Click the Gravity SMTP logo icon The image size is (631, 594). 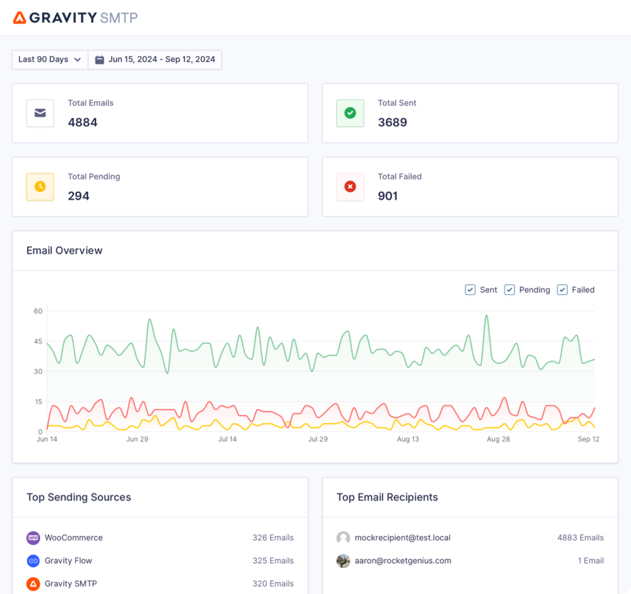[20, 17]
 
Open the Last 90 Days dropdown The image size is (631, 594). [49, 60]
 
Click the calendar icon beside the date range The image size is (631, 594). [100, 60]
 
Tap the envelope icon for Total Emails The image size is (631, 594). [40, 113]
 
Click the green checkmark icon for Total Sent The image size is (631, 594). [350, 113]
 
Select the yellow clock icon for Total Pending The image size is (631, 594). [40, 186]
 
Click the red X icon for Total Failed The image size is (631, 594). [350, 186]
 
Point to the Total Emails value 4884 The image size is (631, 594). [83, 122]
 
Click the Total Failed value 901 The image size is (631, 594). [388, 196]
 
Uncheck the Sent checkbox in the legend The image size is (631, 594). [470, 290]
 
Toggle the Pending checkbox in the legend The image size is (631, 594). [510, 290]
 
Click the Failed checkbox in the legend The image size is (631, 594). [562, 290]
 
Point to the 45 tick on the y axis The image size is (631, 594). [38, 341]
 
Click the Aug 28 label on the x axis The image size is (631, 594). [498, 439]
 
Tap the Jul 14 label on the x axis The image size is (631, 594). [227, 439]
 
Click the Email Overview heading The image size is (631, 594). [65, 250]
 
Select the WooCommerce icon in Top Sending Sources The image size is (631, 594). [33, 538]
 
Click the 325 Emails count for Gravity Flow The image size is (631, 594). [273, 561]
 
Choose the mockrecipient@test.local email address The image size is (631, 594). [402, 538]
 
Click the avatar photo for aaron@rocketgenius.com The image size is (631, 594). [343, 561]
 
